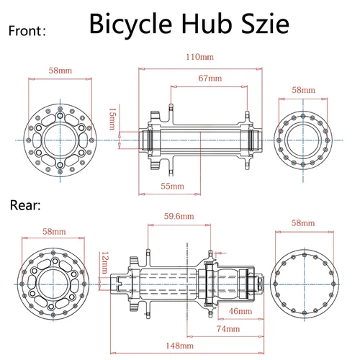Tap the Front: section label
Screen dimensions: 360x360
coord(27,31)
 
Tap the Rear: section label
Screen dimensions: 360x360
coord(26,205)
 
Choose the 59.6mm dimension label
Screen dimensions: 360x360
coord(179,215)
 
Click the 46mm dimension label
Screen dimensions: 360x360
coord(240,311)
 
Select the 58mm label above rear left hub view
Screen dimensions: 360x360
coord(54,232)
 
